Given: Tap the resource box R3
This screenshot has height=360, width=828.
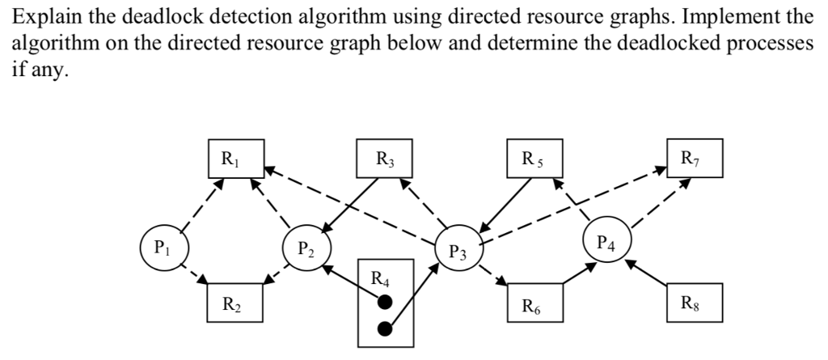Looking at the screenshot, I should click(383, 158).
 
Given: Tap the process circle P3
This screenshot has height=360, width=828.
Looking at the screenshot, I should click(458, 252).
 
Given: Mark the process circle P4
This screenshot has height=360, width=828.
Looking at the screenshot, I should click(606, 240).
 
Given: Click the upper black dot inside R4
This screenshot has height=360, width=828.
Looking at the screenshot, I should click(385, 302).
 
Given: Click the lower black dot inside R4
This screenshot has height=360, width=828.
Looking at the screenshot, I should click(385, 329).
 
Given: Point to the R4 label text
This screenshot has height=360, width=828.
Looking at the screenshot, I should click(379, 280).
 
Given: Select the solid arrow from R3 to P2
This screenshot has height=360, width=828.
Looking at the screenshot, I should click(349, 205).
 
